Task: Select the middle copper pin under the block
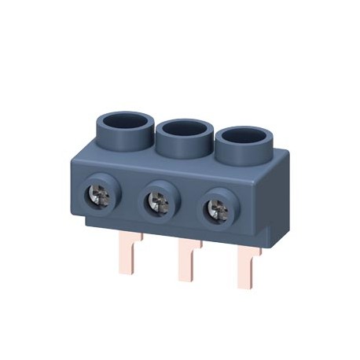point(187,263)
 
